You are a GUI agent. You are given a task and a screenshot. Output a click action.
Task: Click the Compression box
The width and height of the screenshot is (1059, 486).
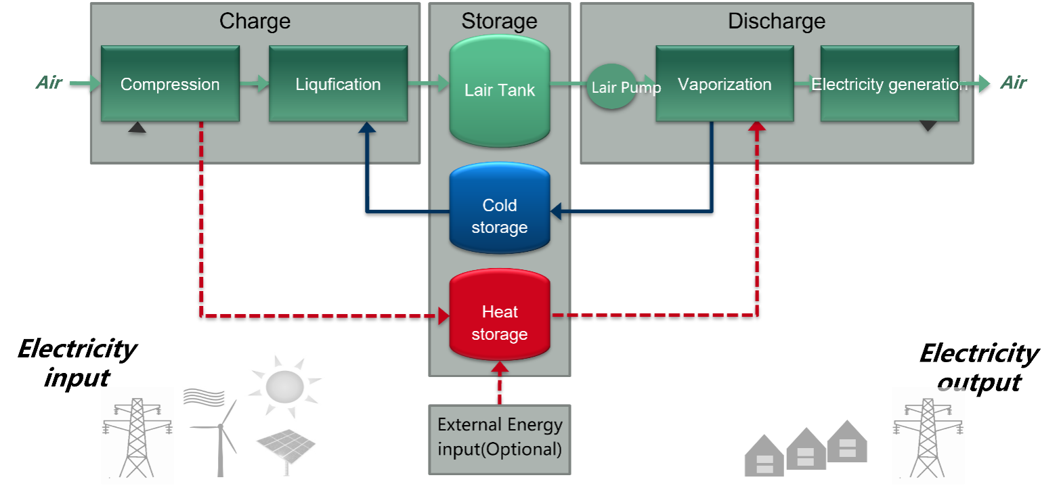coord(170,84)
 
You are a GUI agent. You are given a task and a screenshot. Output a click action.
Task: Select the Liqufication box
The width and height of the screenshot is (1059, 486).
coord(338,84)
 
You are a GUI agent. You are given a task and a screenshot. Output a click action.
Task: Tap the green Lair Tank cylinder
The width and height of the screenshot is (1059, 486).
coord(500,90)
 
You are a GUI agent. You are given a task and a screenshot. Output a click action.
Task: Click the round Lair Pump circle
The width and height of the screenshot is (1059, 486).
coord(611,87)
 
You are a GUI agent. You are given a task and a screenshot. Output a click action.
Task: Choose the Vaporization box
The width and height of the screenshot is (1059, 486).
coord(725,84)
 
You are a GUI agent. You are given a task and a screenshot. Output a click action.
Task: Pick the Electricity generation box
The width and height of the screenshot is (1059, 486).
coord(889,84)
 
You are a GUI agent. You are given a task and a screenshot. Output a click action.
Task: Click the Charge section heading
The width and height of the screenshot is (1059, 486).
coord(255,21)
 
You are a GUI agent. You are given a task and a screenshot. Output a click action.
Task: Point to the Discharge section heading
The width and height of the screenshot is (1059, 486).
coord(777,21)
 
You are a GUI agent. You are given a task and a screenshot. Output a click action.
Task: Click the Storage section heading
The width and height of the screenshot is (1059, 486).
coord(500,21)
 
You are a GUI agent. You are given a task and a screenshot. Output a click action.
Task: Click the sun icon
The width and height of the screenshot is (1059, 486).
coord(285,386)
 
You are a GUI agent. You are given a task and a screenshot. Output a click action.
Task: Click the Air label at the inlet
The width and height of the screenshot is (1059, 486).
coord(49,83)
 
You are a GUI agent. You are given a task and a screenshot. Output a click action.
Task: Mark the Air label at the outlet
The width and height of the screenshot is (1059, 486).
coord(1013,83)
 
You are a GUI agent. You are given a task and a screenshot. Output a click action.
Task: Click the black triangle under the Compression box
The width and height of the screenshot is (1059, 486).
coord(137,127)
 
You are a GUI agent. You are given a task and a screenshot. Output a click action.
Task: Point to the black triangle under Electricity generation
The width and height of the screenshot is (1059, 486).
coord(928,126)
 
